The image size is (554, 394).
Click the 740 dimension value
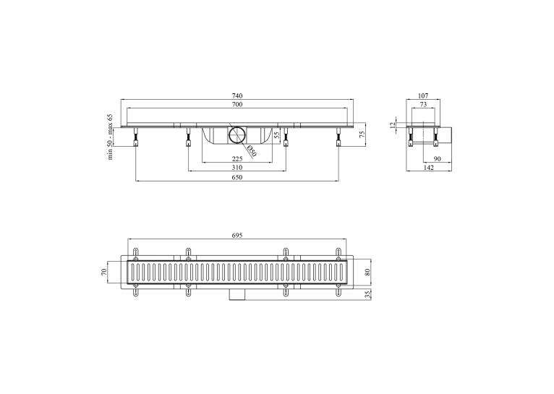pyautogui.click(x=237, y=95)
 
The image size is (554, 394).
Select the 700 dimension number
pyautogui.click(x=237, y=105)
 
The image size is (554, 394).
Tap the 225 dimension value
pyautogui.click(x=237, y=158)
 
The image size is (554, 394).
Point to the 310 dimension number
pyautogui.click(x=237, y=167)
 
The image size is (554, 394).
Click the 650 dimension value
pyautogui.click(x=237, y=177)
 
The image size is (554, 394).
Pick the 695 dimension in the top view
pyautogui.click(x=237, y=236)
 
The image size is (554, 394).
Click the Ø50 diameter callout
pyautogui.click(x=252, y=151)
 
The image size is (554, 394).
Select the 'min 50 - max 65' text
pyautogui.click(x=110, y=137)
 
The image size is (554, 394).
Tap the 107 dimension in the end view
pyautogui.click(x=423, y=95)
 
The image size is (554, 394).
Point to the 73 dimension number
pyautogui.click(x=423, y=105)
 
